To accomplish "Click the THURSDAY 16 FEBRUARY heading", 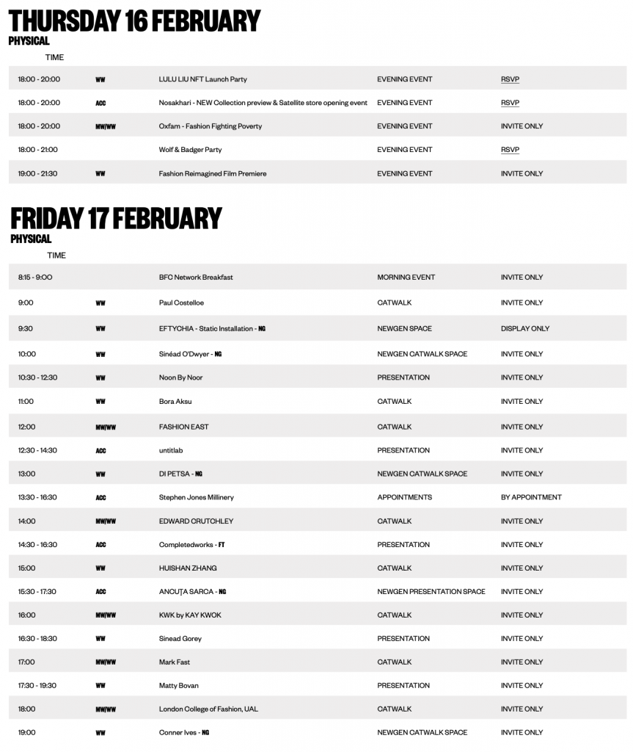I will click(x=135, y=21).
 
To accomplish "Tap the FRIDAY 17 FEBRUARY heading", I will click(x=116, y=219).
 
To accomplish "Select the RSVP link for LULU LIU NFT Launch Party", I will click(x=510, y=79).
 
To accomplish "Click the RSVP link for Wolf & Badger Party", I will click(x=510, y=150).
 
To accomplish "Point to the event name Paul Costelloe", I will click(x=181, y=303).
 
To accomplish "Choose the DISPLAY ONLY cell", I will click(x=524, y=328).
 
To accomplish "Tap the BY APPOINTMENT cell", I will click(x=531, y=497).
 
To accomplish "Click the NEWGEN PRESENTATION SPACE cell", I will click(x=431, y=591).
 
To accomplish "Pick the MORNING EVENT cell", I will click(x=406, y=278).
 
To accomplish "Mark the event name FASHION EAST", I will click(x=183, y=427).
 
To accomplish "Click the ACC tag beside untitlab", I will click(x=100, y=451).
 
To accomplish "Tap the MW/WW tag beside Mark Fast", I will click(x=106, y=662).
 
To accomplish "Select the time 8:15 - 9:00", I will click(x=35, y=278).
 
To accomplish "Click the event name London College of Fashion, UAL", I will click(x=208, y=709).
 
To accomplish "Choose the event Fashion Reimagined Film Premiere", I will click(x=212, y=174).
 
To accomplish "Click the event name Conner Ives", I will click(x=178, y=733).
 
